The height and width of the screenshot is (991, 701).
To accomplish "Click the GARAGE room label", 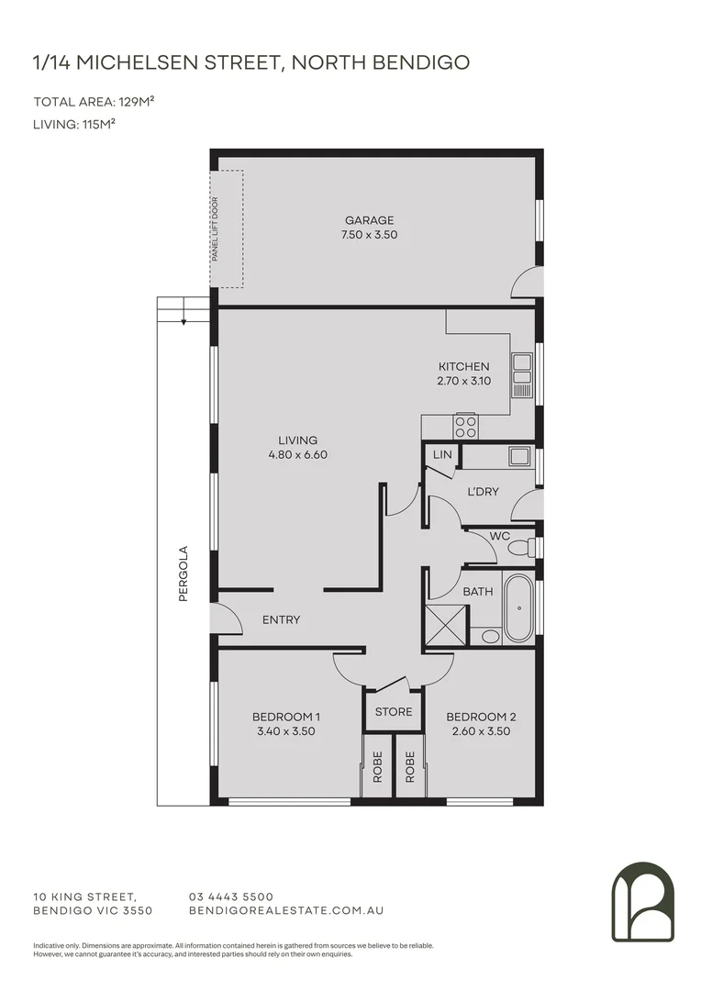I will coord(370,220).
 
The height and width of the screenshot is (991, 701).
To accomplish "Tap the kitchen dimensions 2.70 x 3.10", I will coord(463,380).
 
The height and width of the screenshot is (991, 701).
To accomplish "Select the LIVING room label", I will coord(298,440).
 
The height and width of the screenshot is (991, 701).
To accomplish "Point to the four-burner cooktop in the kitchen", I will coord(465,426).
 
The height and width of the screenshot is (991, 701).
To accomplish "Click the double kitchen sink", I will coord(522,375).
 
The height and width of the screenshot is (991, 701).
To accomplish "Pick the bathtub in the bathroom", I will coord(518,608).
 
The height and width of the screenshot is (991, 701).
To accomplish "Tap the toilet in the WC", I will coord(519,548).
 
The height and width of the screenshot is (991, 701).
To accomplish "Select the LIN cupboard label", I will coord(442,455).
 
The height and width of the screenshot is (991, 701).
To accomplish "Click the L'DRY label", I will coord(483,492).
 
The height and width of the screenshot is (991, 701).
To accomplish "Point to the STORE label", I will coord(394,711).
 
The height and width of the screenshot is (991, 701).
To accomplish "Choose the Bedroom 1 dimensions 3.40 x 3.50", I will coord(285,731).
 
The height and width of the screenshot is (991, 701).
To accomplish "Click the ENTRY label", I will coord(281,619).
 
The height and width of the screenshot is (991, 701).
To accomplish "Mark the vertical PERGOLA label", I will coord(184,573).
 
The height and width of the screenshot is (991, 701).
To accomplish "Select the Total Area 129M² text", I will coord(94,102).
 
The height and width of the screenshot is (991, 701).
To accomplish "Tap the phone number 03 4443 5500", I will coord(230,896).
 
